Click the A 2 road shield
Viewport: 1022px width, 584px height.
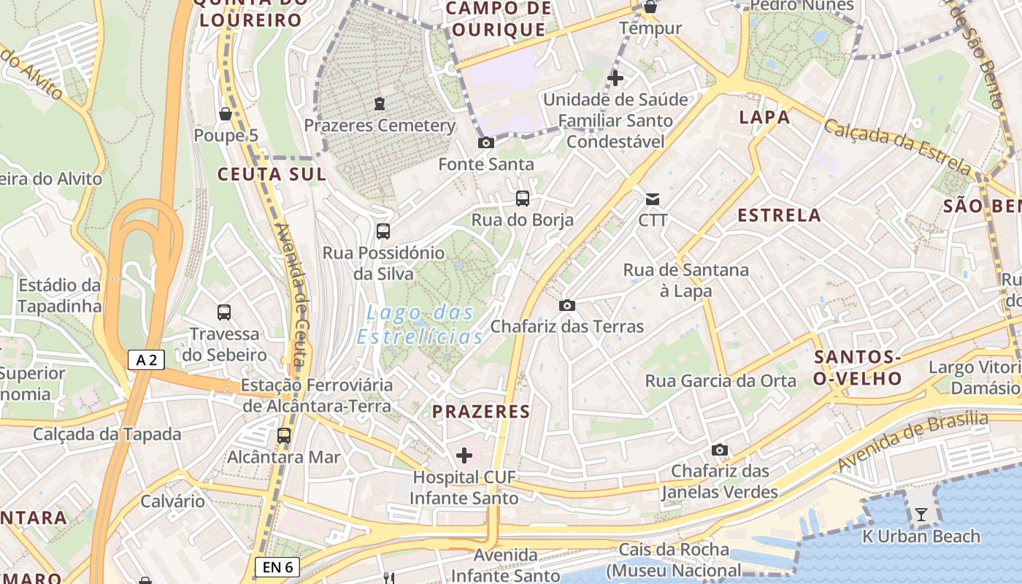click(146, 359)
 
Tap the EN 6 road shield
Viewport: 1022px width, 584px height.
click(278, 566)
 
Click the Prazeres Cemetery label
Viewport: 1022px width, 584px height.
click(380, 125)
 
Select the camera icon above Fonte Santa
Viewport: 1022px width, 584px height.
click(485, 142)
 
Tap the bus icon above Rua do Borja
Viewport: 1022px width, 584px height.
click(523, 198)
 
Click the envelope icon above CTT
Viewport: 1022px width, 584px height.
click(652, 199)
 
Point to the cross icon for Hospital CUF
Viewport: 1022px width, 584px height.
click(464, 456)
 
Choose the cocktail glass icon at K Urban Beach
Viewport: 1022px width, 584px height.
click(921, 515)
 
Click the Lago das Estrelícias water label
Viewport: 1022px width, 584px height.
click(420, 325)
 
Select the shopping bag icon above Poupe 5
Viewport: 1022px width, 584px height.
click(226, 114)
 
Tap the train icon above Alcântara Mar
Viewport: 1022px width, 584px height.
click(284, 436)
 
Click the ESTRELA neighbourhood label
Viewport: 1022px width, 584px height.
click(780, 215)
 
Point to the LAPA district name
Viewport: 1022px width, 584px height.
click(764, 117)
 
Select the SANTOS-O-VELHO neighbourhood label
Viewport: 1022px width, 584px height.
click(858, 367)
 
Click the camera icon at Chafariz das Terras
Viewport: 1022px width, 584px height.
click(567, 305)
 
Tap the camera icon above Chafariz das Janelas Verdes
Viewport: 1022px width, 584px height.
click(720, 450)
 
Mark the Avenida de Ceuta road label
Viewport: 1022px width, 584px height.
click(291, 296)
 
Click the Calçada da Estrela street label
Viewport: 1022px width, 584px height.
click(898, 148)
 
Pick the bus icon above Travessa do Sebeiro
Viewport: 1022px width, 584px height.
click(224, 312)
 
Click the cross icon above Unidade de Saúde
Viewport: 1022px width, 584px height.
click(615, 77)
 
